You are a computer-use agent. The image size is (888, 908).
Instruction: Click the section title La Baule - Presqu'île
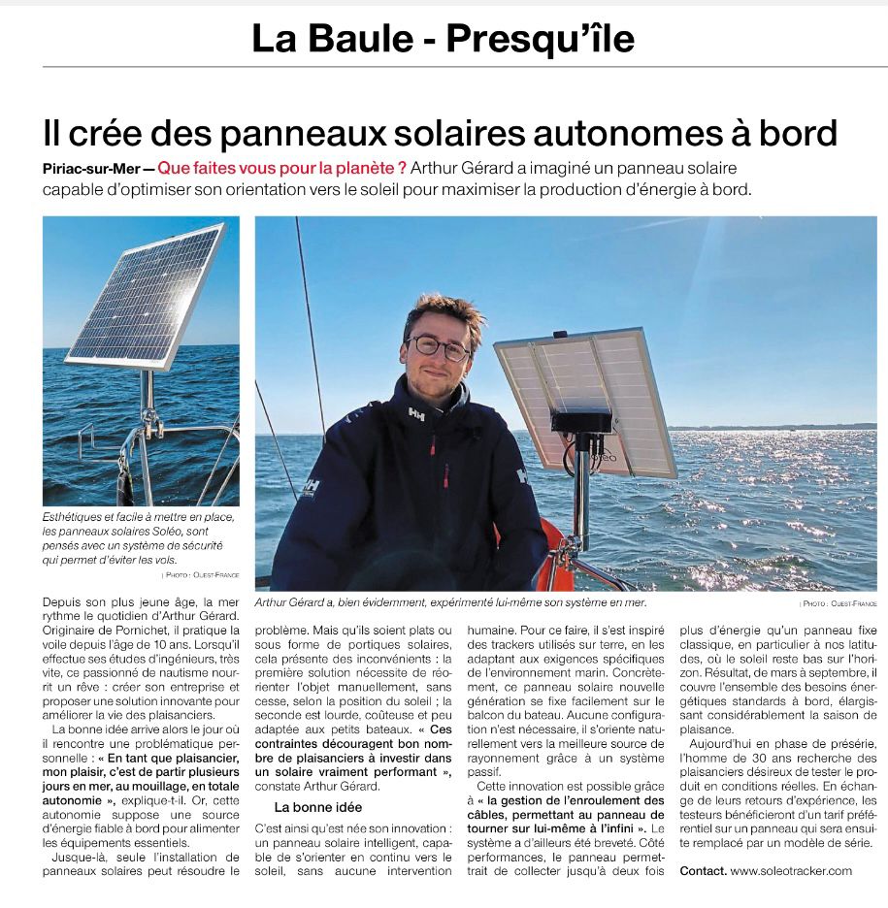point(443,39)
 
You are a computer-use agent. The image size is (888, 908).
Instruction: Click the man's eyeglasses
point(439,346)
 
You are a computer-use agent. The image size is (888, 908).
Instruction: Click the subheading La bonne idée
point(316,806)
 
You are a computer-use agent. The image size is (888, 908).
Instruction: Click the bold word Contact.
point(703,870)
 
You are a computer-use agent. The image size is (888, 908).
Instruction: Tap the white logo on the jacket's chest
point(416,414)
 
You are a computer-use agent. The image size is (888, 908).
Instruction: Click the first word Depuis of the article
point(63,603)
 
